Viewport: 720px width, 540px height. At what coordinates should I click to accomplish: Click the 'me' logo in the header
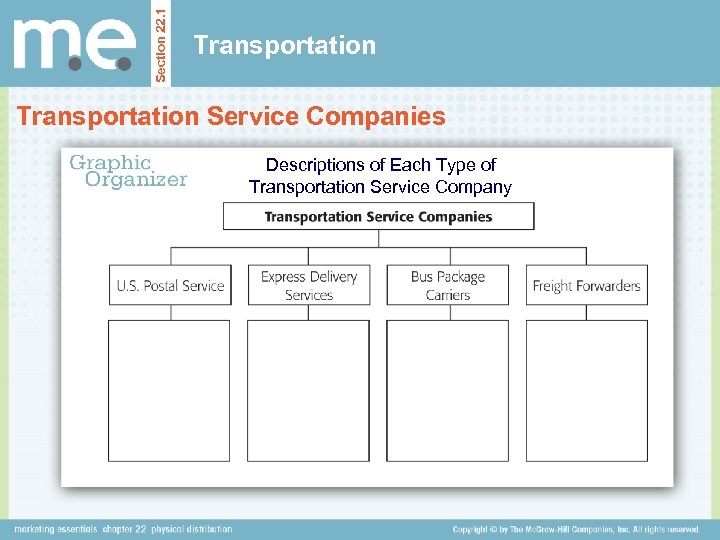(74, 44)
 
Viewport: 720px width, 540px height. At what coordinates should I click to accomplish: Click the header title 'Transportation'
(285, 45)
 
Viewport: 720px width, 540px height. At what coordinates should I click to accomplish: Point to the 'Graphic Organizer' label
(126, 170)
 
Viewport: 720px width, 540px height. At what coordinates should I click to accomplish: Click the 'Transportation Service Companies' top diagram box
(378, 216)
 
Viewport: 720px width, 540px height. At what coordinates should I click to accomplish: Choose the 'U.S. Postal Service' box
(170, 285)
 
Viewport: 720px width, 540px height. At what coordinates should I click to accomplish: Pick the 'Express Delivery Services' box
(308, 285)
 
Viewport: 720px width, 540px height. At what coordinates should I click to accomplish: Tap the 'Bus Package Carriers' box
(447, 285)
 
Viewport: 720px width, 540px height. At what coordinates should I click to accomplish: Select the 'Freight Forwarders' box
(586, 285)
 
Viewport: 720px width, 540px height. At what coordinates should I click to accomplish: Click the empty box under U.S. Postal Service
(169, 390)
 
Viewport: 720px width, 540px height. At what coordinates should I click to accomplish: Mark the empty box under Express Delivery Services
(308, 390)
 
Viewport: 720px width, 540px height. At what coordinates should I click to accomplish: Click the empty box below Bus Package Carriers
(447, 390)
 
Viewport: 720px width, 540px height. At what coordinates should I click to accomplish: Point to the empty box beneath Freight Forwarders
(586, 390)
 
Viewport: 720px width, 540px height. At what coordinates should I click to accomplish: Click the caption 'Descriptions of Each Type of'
(380, 165)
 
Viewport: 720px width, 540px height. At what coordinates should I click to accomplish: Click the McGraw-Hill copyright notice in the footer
(575, 529)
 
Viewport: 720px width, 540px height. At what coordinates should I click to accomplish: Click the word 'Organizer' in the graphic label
(136, 180)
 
